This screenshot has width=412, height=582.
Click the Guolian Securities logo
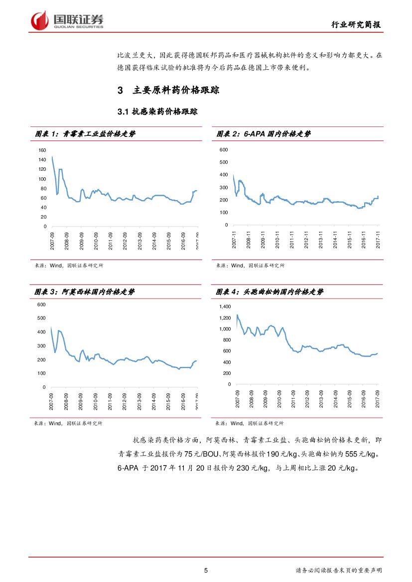pyautogui.click(x=67, y=20)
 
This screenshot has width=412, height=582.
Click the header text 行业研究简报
pyautogui.click(x=357, y=25)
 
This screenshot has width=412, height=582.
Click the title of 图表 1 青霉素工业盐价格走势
pyautogui.click(x=85, y=134)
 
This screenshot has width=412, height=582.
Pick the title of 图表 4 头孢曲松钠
pyautogui.click(x=269, y=292)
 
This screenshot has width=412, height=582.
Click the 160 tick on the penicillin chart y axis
pyautogui.click(x=42, y=150)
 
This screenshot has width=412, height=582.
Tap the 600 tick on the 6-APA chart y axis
pyautogui.click(x=224, y=150)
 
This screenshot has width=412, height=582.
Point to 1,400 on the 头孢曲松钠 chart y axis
pyautogui.click(x=225, y=307)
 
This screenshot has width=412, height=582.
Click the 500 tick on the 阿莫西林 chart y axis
pyautogui.click(x=41, y=318)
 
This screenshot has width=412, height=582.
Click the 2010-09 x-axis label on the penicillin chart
pyautogui.click(x=96, y=241)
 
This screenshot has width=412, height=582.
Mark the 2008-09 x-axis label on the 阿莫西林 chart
pyautogui.click(x=66, y=402)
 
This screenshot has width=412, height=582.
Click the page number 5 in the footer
pyautogui.click(x=206, y=570)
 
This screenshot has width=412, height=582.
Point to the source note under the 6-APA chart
pyautogui.click(x=250, y=266)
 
